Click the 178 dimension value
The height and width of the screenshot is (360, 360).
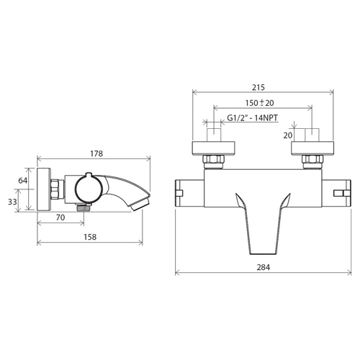(96, 153)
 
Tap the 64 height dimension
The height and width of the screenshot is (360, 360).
(23, 181)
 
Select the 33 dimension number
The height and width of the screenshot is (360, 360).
(12, 202)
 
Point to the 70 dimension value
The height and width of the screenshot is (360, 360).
(60, 217)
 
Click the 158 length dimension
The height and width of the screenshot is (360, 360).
(90, 237)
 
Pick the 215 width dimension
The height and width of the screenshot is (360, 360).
(258, 87)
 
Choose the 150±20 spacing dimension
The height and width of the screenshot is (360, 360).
(259, 103)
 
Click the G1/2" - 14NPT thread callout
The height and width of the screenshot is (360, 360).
(252, 118)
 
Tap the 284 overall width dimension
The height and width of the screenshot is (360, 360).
(264, 267)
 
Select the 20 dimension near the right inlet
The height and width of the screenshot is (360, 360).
(288, 135)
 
